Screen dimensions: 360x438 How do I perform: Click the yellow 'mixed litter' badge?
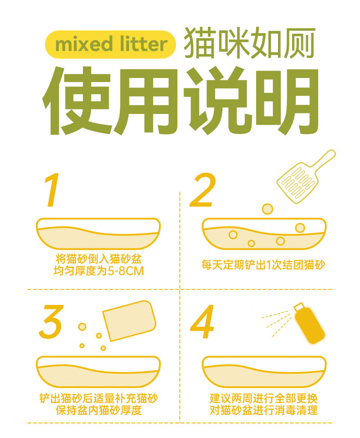point(110,44)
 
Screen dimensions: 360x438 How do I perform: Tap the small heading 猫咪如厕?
point(249,43)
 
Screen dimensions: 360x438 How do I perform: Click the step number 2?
point(203,190)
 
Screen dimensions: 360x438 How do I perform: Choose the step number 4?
point(202,321)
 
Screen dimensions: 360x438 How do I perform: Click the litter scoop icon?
point(306,176)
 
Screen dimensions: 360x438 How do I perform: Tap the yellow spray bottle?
point(309,324)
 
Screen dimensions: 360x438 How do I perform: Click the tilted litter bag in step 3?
point(129,321)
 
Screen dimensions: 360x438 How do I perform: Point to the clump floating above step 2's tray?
point(267,209)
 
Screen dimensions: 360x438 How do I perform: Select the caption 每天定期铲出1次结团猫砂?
point(263,265)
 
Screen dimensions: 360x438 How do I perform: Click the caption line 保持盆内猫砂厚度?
point(98,410)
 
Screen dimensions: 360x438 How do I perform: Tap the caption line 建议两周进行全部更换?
point(263,398)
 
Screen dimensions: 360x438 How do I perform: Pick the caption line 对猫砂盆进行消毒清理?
point(263,410)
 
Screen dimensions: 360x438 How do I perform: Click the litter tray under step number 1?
point(98,233)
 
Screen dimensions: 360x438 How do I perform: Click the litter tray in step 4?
point(264,371)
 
